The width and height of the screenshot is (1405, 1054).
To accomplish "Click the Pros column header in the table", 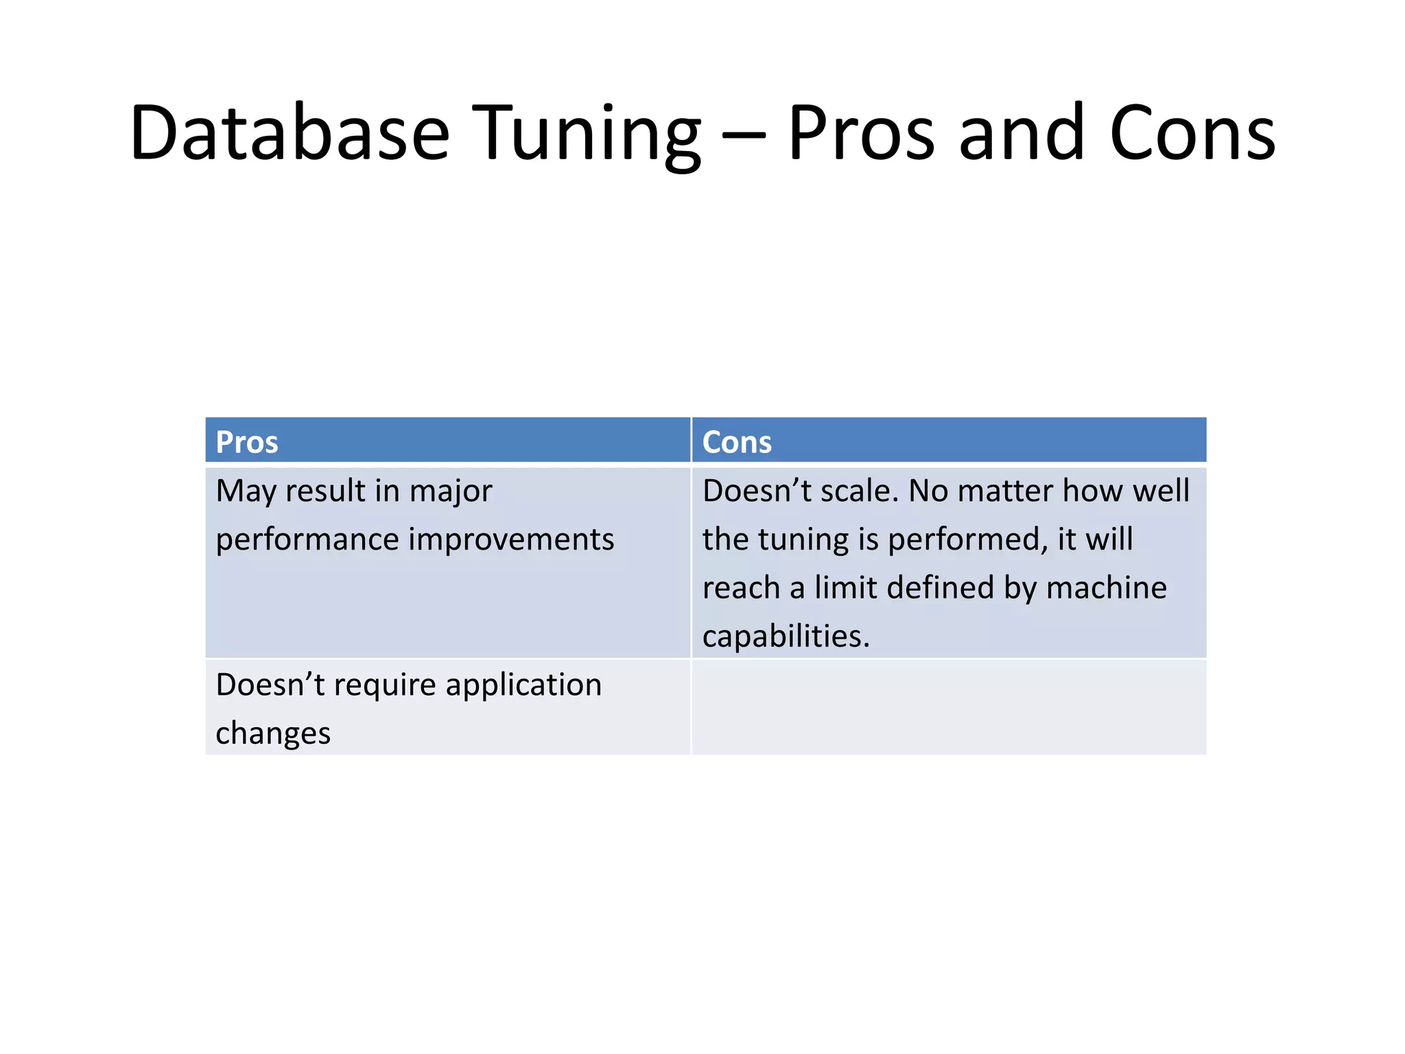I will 247,442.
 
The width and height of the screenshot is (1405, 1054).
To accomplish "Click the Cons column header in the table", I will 737,442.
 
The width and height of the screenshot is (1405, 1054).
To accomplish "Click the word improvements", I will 512,539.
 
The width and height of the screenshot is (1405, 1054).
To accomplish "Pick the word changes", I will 273,734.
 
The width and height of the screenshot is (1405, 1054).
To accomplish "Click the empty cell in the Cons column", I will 949,707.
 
